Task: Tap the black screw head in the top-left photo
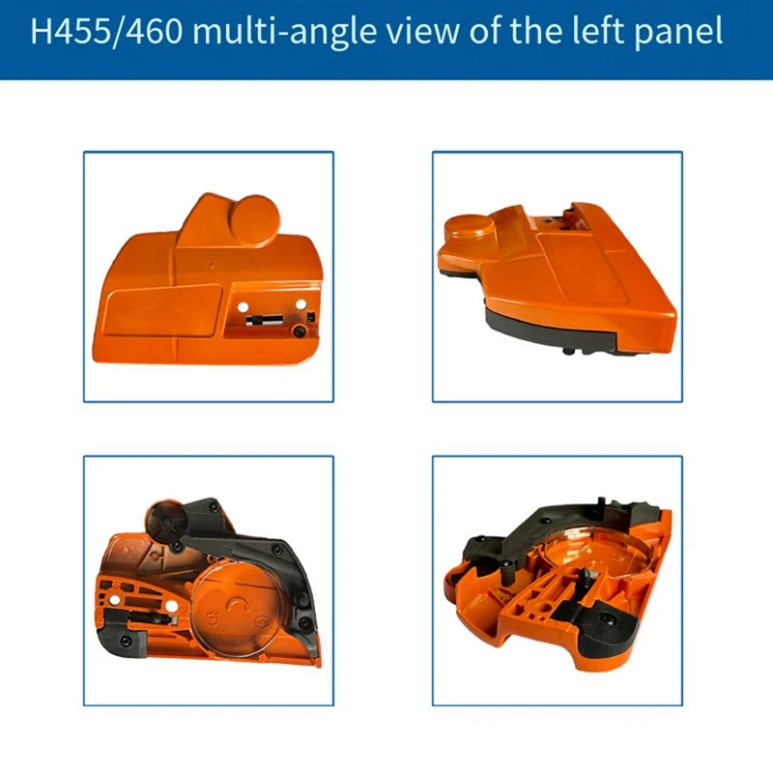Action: coord(299,331)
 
